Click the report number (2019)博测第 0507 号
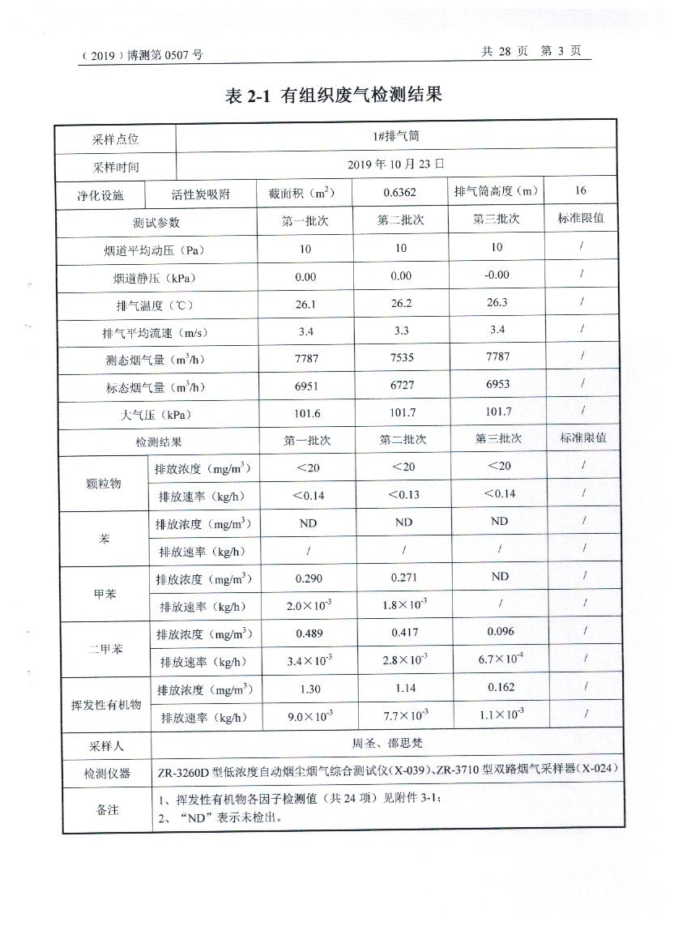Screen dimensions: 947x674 [x=142, y=55]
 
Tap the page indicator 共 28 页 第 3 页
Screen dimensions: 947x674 [x=531, y=51]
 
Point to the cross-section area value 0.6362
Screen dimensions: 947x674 [x=400, y=192]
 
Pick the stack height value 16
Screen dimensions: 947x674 [x=580, y=190]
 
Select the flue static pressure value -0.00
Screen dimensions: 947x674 [x=497, y=275]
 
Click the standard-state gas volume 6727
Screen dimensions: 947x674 [x=402, y=386]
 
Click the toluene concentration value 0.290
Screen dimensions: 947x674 [x=309, y=578]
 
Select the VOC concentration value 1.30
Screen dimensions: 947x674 [x=309, y=689]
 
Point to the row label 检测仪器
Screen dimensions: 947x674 [x=107, y=774]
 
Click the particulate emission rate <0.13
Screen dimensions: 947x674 [x=403, y=494]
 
